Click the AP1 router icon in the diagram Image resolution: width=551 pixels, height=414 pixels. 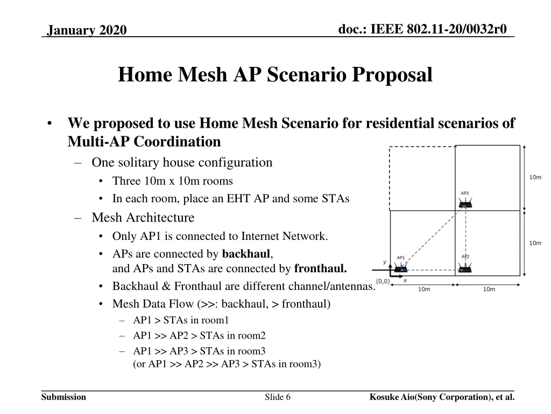point(400,268)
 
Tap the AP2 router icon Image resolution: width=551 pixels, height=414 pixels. point(465,267)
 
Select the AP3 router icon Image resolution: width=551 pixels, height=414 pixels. point(465,204)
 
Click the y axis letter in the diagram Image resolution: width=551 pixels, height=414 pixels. point(385,262)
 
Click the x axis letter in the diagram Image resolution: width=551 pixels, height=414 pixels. point(405,280)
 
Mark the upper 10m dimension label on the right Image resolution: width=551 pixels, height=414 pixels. point(535,177)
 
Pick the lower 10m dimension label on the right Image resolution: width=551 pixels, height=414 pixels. point(535,243)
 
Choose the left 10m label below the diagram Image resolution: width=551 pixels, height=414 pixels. point(424,289)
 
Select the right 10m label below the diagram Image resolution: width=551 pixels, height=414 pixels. point(489,289)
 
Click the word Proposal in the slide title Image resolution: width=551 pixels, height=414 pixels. point(392,74)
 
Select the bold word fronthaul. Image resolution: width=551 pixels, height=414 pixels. point(320,268)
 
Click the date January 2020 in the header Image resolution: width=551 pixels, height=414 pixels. point(87,31)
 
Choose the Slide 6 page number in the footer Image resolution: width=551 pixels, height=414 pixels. point(278,397)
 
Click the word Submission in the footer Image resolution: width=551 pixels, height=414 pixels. point(63,397)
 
